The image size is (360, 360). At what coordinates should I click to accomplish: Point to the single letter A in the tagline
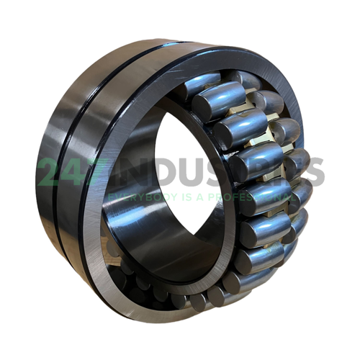(187, 196)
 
